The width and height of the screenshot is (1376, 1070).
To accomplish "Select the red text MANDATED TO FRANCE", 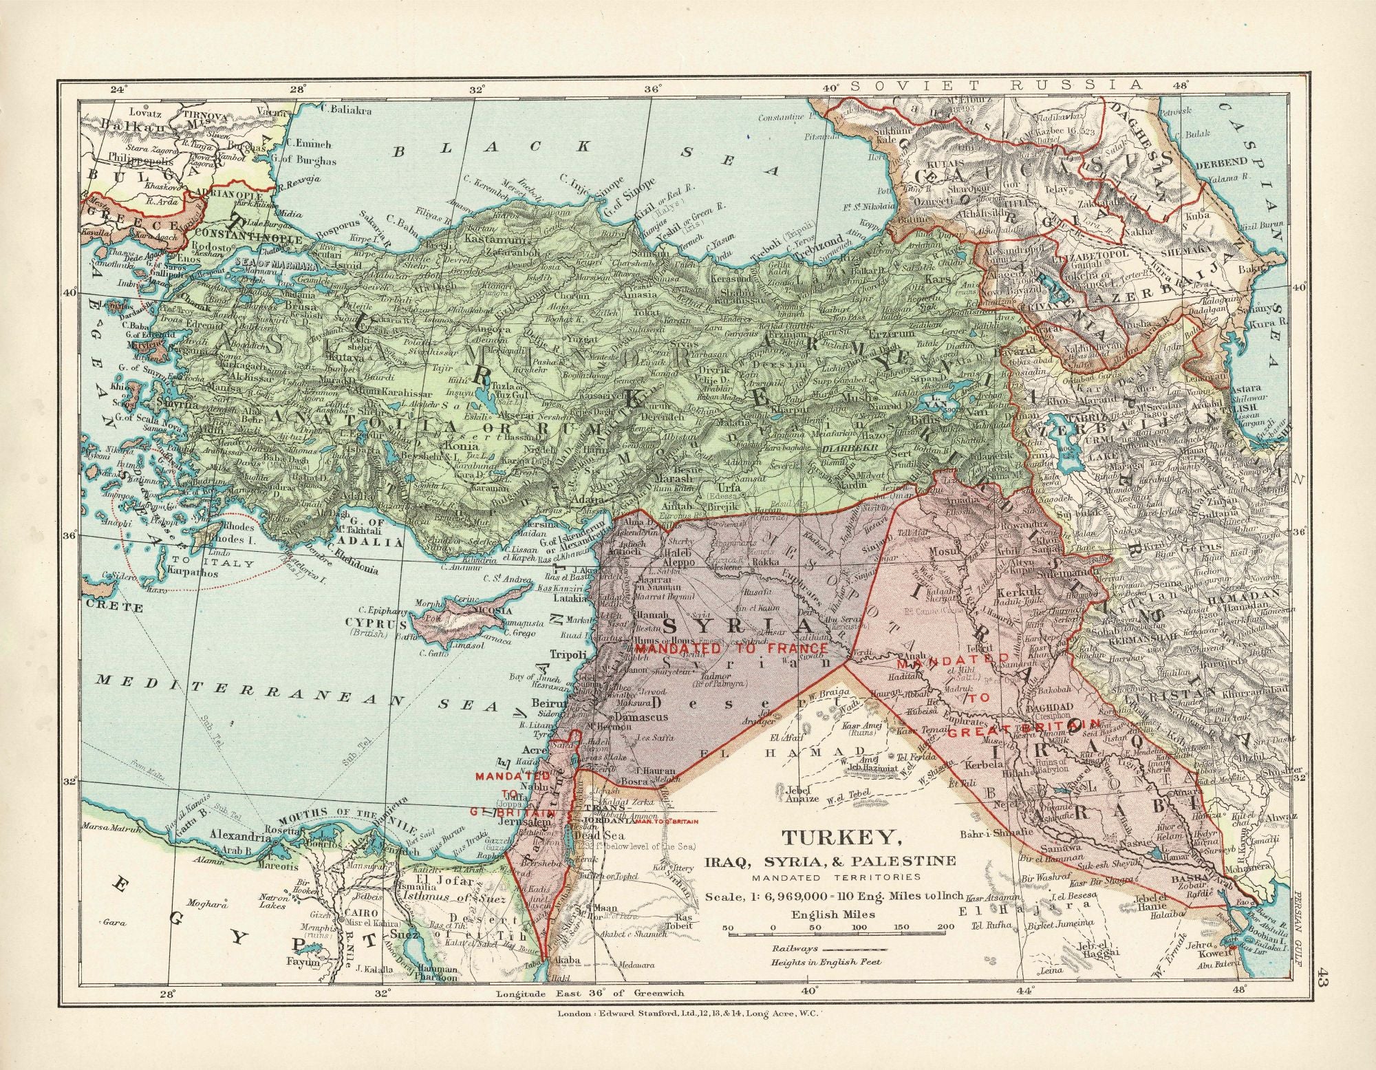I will [x=730, y=649].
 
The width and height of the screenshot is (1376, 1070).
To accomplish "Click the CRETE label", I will [x=114, y=608].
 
